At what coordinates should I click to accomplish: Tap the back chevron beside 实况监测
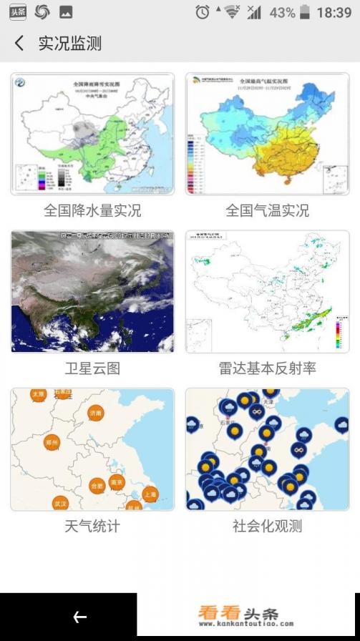click(19, 44)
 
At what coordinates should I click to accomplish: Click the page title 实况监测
click(69, 44)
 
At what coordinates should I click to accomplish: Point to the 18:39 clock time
click(334, 12)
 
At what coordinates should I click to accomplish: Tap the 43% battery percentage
click(282, 12)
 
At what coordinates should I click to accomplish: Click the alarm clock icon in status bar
click(203, 12)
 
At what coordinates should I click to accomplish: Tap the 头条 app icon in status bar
click(17, 11)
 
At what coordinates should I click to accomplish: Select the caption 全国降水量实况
click(92, 211)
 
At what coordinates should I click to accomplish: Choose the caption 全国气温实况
click(268, 211)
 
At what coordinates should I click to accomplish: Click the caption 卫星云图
click(92, 368)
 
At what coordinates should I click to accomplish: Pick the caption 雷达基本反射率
click(268, 368)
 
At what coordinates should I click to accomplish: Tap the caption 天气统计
click(92, 527)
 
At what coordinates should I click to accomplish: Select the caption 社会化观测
click(268, 527)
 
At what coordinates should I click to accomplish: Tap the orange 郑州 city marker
click(52, 443)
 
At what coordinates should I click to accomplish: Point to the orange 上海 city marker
click(150, 494)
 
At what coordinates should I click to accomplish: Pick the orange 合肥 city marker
click(97, 486)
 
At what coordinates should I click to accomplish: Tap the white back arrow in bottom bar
click(79, 617)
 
